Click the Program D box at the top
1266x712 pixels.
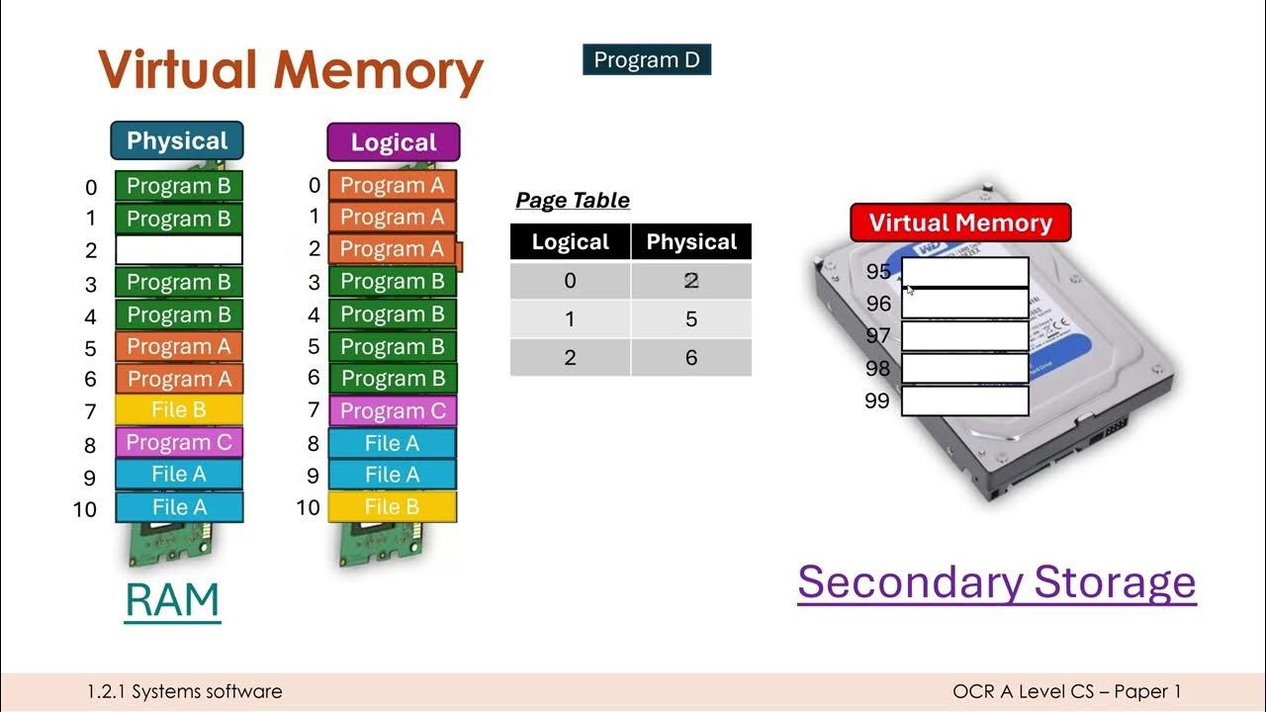tap(647, 60)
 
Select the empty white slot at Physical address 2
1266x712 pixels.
tap(179, 249)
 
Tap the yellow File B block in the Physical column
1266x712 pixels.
tap(179, 410)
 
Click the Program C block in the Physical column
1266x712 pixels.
tap(179, 442)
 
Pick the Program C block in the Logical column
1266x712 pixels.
tap(393, 410)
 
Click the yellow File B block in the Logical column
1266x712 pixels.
tap(393, 507)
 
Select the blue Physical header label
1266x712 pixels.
tap(177, 140)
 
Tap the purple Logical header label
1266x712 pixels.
tap(394, 142)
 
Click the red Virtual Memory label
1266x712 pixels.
tap(960, 222)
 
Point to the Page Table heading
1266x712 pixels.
tap(573, 201)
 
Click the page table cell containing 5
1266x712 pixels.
tap(691, 319)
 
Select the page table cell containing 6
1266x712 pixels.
tap(691, 358)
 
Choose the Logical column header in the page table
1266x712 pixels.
tap(571, 242)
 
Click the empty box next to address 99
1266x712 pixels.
tap(965, 400)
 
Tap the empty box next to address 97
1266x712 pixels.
tap(965, 336)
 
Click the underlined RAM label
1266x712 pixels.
tap(172, 600)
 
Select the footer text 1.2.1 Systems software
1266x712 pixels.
tap(185, 692)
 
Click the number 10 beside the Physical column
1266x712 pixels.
tap(85, 509)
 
